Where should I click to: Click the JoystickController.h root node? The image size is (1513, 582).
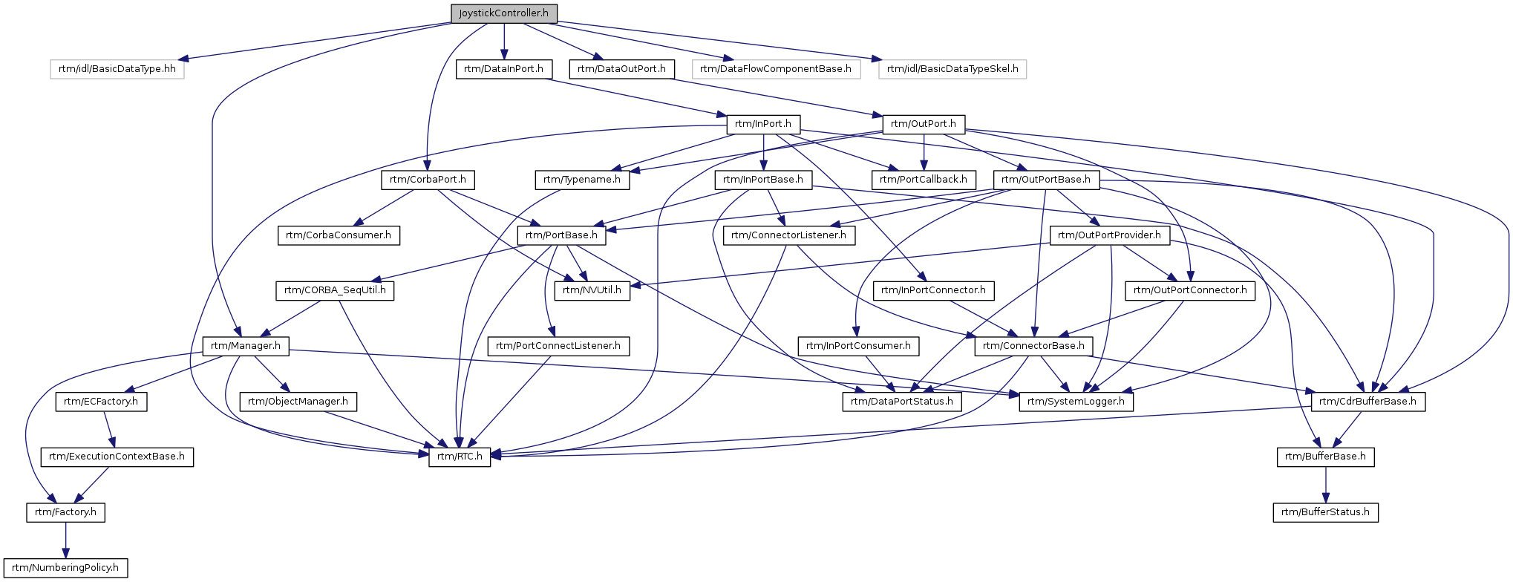504,13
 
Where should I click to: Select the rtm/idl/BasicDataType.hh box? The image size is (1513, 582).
117,69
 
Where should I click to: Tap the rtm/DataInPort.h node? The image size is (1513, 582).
504,69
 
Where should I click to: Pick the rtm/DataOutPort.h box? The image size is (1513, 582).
622,69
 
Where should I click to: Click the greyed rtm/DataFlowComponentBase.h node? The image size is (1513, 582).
776,69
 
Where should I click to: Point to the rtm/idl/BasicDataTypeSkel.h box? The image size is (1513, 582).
952,69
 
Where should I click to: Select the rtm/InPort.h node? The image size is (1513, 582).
763,124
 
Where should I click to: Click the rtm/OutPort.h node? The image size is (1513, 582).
924,124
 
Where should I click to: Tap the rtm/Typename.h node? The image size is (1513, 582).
582,180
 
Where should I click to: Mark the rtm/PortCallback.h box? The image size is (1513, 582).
924,180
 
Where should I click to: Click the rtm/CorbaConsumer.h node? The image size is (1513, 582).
339,235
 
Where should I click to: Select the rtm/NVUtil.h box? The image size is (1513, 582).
592,290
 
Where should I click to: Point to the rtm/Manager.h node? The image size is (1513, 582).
246,346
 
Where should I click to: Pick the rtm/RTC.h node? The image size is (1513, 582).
460,457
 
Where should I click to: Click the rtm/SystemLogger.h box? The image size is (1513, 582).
1076,402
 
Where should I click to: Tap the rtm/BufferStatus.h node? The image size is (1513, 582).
1326,512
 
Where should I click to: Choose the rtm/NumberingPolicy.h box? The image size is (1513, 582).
65,568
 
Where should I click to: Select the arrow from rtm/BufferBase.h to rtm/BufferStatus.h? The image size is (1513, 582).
1326,485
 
